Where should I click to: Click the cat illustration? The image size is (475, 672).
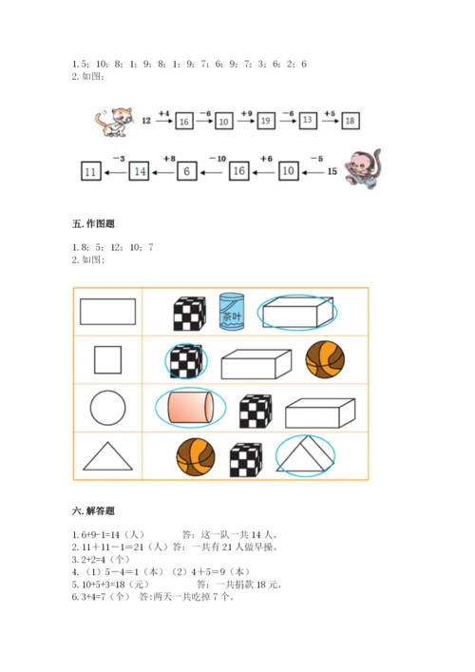coord(114,123)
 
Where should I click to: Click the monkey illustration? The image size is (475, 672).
coord(363,169)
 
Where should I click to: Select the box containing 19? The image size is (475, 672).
coord(266,121)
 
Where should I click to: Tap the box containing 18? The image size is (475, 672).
coord(350,121)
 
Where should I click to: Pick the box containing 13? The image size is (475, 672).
coord(308,120)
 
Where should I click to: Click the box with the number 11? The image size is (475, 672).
coord(91,171)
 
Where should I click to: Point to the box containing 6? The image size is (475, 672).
coord(187,171)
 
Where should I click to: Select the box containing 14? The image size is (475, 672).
coord(140,171)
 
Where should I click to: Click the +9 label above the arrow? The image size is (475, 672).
coord(246,113)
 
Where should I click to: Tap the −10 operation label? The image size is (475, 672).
coord(218,159)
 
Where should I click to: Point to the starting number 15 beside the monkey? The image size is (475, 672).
coord(332,171)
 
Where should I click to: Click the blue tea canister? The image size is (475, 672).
coord(232,312)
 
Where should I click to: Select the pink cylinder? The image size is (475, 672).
coord(191,407)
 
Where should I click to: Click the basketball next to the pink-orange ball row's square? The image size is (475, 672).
coord(325,359)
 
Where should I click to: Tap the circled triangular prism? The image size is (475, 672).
coord(305,454)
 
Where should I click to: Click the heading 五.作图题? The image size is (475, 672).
coord(93,223)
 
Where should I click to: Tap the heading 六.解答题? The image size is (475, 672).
coord(93,510)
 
